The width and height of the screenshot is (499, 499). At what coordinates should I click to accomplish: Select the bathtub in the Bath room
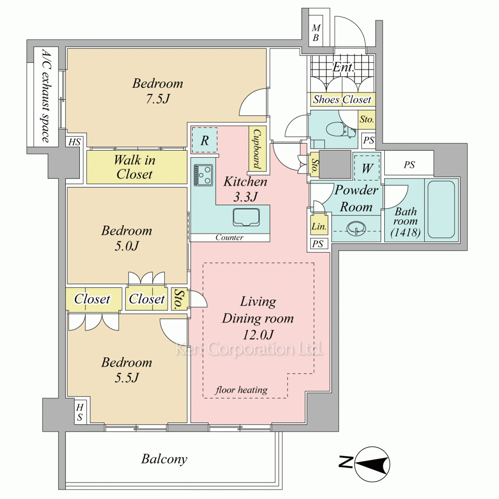click(x=442, y=210)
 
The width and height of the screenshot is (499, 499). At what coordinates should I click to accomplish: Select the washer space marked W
click(x=367, y=168)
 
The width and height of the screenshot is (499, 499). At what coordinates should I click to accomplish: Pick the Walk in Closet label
click(x=135, y=167)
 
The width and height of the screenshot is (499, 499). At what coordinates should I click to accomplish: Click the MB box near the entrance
click(x=316, y=33)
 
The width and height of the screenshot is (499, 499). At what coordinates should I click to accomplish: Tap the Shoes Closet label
click(x=342, y=100)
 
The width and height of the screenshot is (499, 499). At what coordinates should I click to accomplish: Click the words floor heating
click(x=242, y=390)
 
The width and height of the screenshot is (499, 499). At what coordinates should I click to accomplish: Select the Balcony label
click(x=164, y=459)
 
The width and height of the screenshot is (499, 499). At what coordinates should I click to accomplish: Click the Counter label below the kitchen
click(x=229, y=238)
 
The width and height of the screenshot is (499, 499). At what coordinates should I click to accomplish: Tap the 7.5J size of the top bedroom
click(x=158, y=98)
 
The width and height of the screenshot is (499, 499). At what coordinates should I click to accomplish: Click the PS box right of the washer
click(x=409, y=165)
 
